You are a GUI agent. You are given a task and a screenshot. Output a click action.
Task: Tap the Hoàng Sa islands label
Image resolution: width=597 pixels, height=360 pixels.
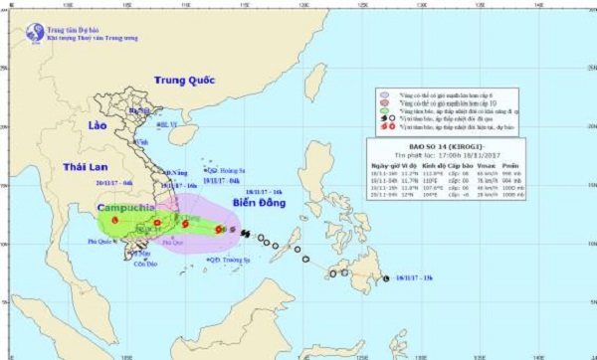[x=222, y=169]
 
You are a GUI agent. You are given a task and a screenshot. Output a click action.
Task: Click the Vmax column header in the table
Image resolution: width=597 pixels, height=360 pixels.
[x=489, y=168]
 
